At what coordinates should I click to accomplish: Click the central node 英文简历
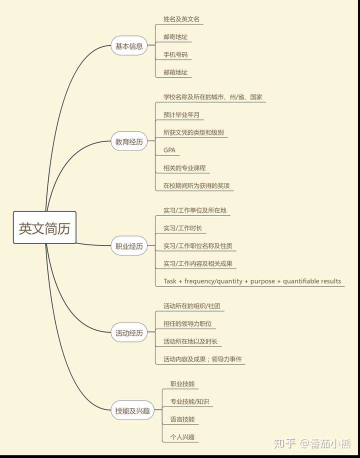(44, 227)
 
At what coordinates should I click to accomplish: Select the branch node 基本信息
(129, 46)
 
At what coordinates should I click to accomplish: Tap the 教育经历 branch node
(129, 141)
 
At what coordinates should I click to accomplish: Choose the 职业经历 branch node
(129, 245)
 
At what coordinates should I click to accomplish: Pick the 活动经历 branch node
(129, 332)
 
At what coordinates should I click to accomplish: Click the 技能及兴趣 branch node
(132, 410)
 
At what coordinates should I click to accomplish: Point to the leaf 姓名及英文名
(181, 19)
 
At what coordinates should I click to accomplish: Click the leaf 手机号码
(175, 54)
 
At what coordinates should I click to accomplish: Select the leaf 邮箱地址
(175, 72)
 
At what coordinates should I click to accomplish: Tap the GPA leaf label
(169, 150)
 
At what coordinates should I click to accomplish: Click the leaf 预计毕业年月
(181, 115)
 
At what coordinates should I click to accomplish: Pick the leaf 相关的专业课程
(184, 168)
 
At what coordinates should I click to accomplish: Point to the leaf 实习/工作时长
(182, 228)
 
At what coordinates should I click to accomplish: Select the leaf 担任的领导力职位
(187, 324)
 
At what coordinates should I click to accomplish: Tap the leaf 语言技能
(182, 419)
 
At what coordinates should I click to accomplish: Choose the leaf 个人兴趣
(182, 437)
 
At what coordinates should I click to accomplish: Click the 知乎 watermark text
(285, 443)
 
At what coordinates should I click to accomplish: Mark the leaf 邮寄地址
(175, 37)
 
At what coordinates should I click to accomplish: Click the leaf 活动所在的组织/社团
(191, 306)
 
